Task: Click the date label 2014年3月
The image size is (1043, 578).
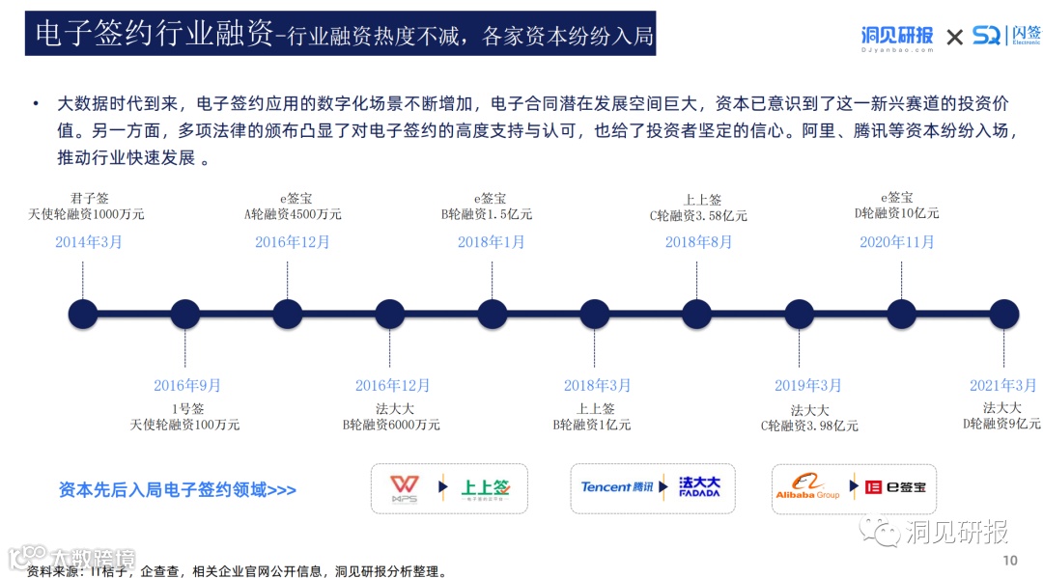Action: click(x=89, y=242)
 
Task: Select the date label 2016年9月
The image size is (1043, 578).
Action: click(x=187, y=386)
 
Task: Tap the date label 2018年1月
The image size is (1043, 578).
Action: click(x=491, y=242)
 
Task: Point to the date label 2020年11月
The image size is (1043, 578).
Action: click(x=897, y=242)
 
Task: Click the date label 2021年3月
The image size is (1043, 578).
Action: click(x=1002, y=386)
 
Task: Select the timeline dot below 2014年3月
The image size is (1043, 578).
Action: click(x=83, y=314)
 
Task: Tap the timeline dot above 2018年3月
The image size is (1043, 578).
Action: click(x=595, y=314)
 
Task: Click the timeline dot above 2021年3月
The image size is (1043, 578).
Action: click(x=1004, y=314)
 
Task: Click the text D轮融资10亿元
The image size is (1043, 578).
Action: click(x=896, y=213)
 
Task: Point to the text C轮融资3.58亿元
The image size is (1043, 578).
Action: click(x=698, y=216)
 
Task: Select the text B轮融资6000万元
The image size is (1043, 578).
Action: click(x=391, y=425)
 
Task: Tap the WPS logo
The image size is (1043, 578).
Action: click(x=404, y=488)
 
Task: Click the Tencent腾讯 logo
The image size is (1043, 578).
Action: click(x=617, y=486)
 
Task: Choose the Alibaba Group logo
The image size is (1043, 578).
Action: click(x=807, y=487)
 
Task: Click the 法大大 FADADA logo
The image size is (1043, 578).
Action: click(x=699, y=486)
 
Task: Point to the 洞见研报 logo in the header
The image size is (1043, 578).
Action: click(x=897, y=37)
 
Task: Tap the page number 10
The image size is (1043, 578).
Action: click(x=1010, y=561)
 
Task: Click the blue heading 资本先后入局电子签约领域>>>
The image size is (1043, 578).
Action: click(x=177, y=490)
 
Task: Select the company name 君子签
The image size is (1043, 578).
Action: click(x=89, y=199)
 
